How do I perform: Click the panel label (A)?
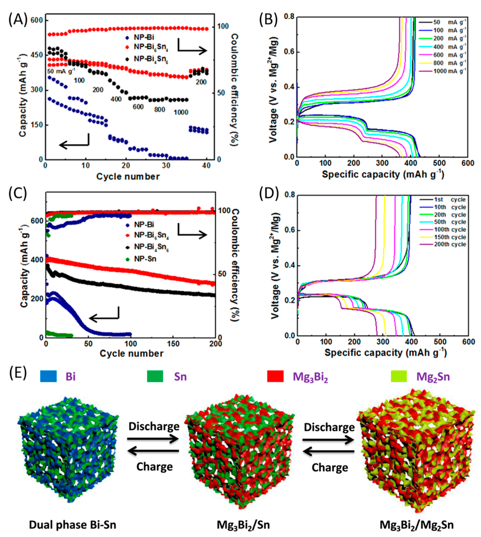[18, 20]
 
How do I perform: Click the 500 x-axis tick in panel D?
[440, 342]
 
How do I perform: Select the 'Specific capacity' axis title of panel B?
[383, 175]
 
